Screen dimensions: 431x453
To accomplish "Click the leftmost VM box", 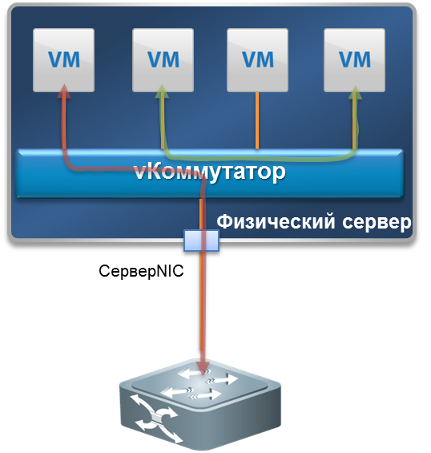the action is click(63, 60).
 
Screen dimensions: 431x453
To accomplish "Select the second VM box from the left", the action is click(163, 60).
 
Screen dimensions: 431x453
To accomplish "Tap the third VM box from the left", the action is click(257, 60).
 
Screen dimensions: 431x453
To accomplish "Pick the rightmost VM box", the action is click(355, 60).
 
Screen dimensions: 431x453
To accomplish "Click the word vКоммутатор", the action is click(210, 172).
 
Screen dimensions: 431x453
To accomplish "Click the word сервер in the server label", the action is click(377, 223).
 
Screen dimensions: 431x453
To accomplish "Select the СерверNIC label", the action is click(141, 271).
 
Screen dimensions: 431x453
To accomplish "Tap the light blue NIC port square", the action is click(202, 241).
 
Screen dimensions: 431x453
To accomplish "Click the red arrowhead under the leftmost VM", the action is click(64, 91).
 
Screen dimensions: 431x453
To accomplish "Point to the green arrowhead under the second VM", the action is click(162, 91).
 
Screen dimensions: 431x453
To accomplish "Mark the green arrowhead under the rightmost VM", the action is click(355, 92).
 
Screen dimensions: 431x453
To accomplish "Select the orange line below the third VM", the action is click(257, 121).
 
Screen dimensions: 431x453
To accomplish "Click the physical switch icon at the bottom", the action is click(200, 404).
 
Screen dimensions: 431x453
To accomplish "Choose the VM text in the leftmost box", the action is click(64, 60).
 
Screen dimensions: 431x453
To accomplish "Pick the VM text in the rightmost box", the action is click(355, 60).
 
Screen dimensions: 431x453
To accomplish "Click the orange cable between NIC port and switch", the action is click(200, 301).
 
